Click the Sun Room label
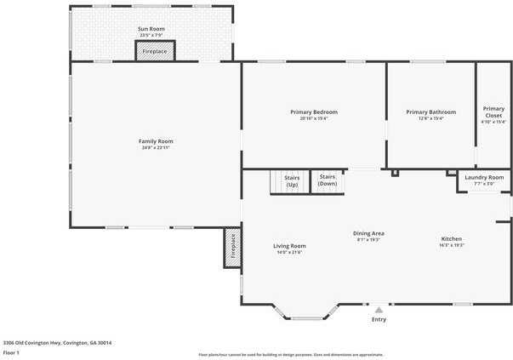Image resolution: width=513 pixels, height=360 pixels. [151, 29]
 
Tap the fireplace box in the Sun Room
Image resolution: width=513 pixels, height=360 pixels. [155, 51]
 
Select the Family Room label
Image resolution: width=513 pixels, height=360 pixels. [156, 141]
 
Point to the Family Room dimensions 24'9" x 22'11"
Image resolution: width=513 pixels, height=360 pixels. [156, 148]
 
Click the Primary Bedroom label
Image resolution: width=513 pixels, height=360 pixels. [313, 112]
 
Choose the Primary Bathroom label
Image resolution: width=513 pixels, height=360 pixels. [430, 112]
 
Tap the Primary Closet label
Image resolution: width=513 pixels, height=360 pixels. [493, 111]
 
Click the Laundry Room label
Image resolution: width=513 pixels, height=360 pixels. [484, 177]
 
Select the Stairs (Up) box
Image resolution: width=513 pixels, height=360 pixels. [291, 181]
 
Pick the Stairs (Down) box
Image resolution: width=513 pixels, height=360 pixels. [328, 181]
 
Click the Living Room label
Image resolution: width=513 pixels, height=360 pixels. [289, 246]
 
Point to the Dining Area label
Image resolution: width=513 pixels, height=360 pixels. [369, 233]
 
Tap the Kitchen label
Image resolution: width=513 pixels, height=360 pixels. [451, 238]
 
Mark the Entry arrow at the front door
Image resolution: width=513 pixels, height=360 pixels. [379, 310]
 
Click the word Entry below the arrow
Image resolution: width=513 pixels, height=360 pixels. [379, 319]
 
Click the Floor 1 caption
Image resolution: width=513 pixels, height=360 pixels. [11, 352]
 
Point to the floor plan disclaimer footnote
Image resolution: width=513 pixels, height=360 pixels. [290, 355]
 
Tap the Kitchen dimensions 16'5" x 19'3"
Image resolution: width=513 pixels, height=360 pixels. [451, 245]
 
